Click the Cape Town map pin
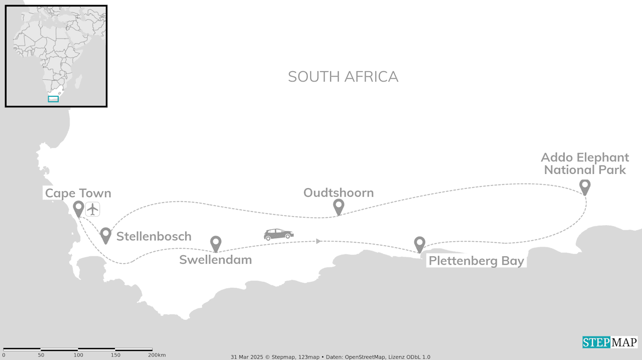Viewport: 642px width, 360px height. (x=78, y=208)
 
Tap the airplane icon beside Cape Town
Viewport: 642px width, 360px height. (x=93, y=209)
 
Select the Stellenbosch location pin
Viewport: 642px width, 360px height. (x=105, y=234)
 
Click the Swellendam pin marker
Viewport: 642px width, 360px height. (x=216, y=243)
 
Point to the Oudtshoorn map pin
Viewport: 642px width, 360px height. (x=339, y=206)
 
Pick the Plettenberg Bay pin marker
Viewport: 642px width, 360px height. (x=419, y=243)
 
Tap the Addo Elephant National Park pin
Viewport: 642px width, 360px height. (x=584, y=186)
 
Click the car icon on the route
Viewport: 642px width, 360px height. (x=279, y=234)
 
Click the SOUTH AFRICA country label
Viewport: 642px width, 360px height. (x=343, y=77)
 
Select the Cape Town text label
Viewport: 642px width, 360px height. (x=78, y=194)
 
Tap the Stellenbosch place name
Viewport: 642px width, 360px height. (x=154, y=237)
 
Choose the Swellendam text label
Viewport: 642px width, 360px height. (x=216, y=260)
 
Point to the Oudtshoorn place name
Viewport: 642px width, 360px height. (x=339, y=193)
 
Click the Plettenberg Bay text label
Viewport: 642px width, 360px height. (x=476, y=261)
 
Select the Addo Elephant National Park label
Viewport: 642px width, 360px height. (x=585, y=164)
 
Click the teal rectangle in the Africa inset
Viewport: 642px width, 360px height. (x=53, y=99)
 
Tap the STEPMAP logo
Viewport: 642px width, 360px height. (x=610, y=342)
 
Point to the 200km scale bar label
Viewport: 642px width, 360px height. (x=157, y=355)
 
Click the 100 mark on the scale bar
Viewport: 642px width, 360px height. (x=78, y=355)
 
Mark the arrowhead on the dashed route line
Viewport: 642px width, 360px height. (x=318, y=241)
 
